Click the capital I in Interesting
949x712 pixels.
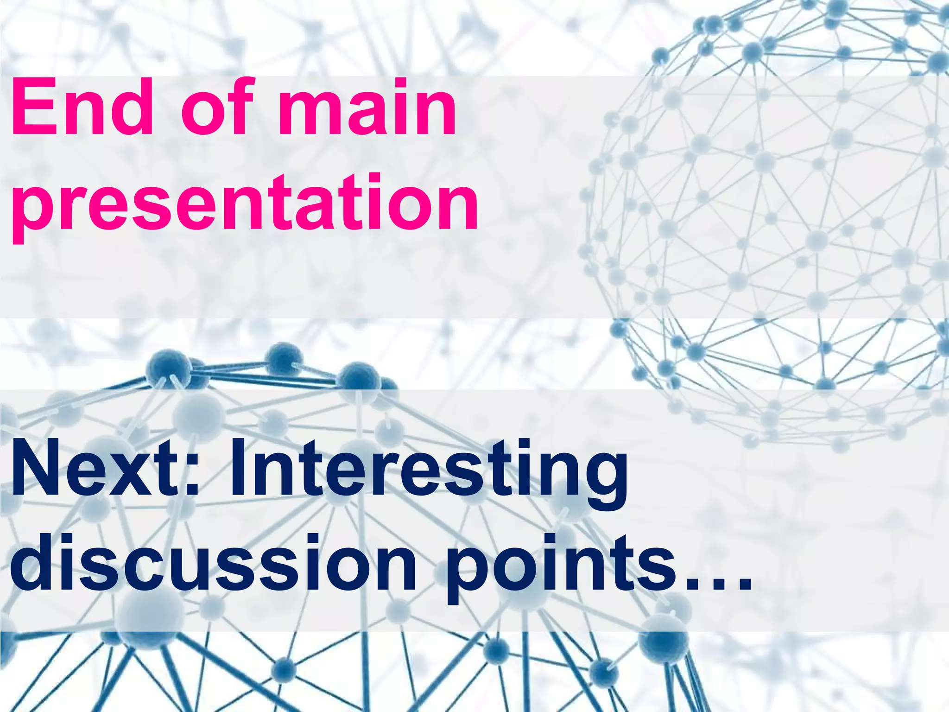point(238,468)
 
